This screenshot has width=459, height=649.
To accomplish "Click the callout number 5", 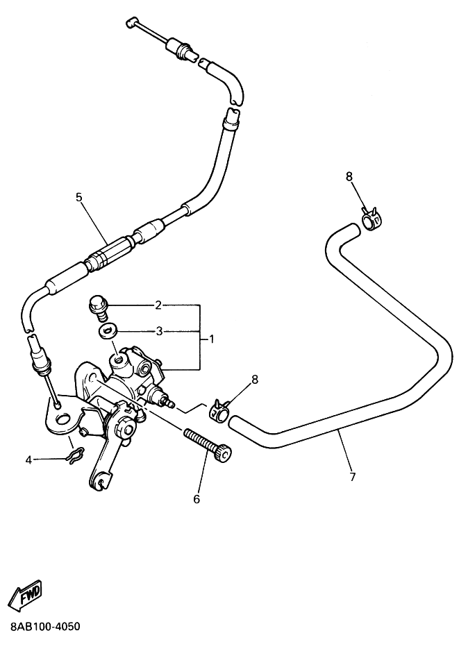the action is click(x=78, y=196).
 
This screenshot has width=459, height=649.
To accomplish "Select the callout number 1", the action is click(x=211, y=339).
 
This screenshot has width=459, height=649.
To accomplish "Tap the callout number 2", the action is click(x=158, y=306).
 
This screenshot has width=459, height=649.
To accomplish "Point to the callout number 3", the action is click(x=158, y=332).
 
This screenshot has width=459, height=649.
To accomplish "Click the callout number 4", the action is click(x=28, y=460).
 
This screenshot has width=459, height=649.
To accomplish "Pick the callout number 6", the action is click(x=197, y=499).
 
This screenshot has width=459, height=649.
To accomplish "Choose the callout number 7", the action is click(x=353, y=477).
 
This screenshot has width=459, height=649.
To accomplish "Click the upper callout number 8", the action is click(x=349, y=176).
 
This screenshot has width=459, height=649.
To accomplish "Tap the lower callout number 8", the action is click(x=255, y=379).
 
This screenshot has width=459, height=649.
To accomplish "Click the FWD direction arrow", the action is click(x=26, y=594).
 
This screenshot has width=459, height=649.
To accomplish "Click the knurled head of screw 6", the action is click(x=224, y=454).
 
